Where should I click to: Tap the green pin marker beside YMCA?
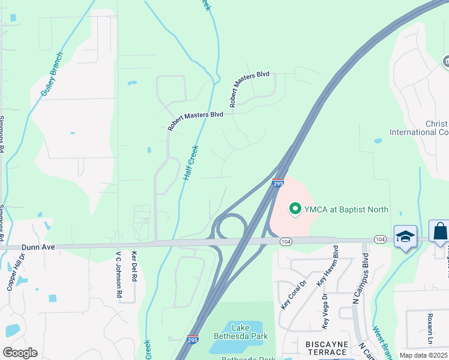[295, 209]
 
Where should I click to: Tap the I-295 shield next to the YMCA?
[278, 182]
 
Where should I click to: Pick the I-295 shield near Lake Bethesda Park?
[193, 340]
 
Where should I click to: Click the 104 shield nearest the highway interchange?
[286, 241]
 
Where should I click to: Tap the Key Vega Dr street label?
[327, 310]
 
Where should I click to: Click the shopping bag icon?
[440, 231]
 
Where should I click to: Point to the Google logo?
[20, 353]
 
